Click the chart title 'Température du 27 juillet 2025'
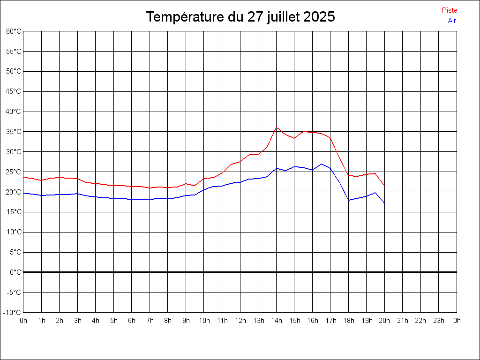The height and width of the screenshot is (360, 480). point(240,17)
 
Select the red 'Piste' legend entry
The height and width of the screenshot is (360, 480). point(449,10)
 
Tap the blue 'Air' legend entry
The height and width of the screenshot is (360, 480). point(452,20)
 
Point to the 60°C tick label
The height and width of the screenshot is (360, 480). point(14,31)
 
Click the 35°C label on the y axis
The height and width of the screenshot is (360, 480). point(14,132)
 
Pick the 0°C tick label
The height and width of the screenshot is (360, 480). point(15,272)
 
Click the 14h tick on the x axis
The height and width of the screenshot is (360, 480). point(277,321)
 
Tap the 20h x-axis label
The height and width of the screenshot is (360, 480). point(385,321)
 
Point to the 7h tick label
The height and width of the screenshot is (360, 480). point(150,321)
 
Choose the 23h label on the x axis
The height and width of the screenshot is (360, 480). point(439,321)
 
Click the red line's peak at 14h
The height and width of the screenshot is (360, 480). point(277,127)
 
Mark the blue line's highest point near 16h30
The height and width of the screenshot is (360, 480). point(322,164)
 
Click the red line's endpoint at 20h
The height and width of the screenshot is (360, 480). point(384,186)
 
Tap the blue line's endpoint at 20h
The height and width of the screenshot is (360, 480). point(384,203)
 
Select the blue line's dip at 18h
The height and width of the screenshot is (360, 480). point(349,200)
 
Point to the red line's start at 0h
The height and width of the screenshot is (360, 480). point(23,177)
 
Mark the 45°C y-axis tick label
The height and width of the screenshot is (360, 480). point(14,91)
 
